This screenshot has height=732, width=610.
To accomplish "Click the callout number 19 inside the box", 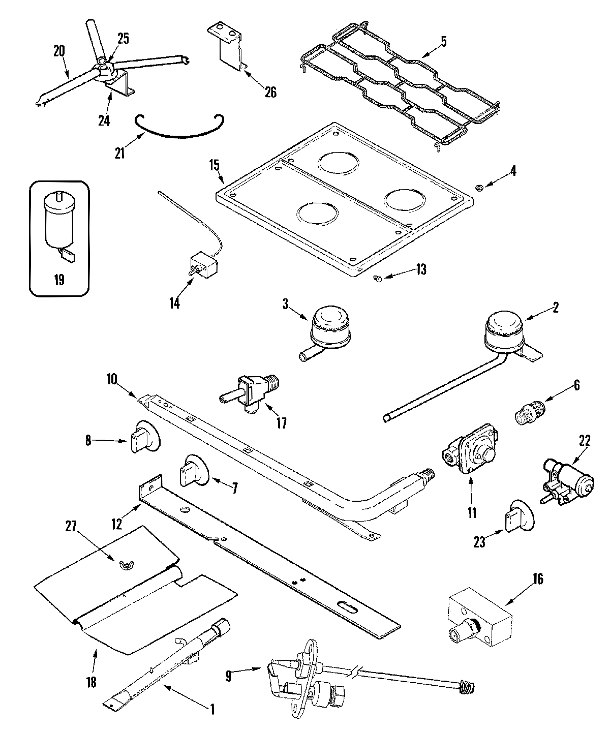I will click(58, 280).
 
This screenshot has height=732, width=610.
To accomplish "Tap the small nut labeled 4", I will click(478, 189).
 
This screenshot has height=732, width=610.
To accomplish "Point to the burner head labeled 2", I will click(503, 330).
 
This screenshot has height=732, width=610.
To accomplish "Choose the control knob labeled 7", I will click(194, 468).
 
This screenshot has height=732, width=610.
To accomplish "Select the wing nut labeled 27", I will click(123, 563).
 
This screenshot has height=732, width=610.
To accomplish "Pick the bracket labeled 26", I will click(226, 48).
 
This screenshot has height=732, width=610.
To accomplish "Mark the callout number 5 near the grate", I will click(443, 42).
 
